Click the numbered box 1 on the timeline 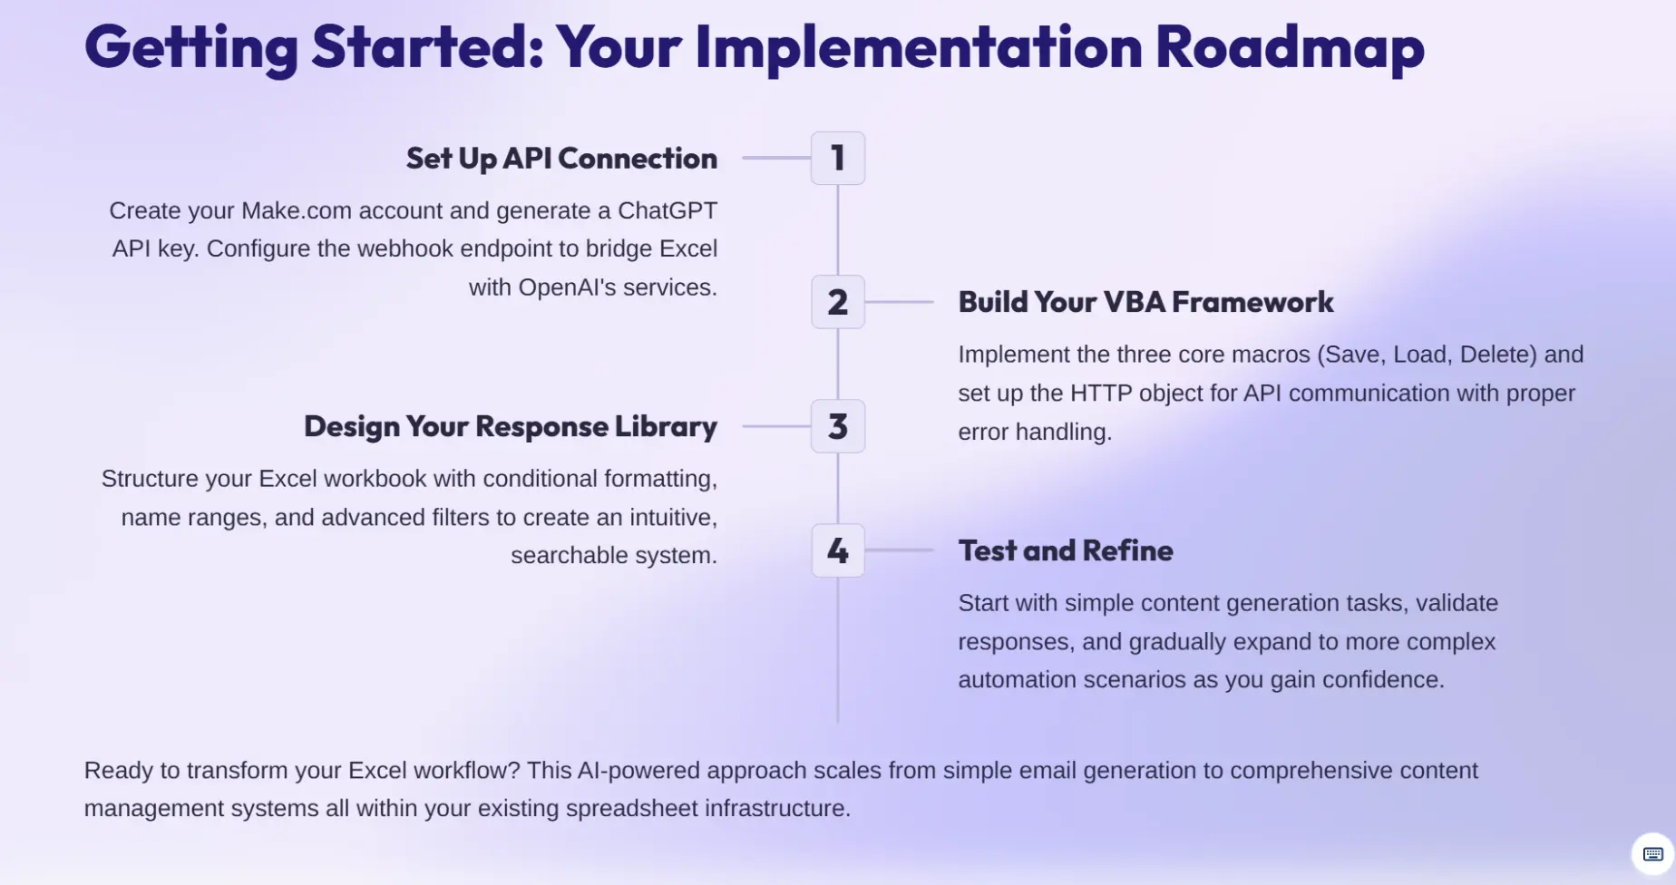point(838,158)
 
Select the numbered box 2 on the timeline point(838,302)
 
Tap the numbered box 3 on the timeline point(838,426)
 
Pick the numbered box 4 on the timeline point(838,550)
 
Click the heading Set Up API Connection point(561,159)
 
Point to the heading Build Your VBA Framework point(1145,302)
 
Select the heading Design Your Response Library point(511,427)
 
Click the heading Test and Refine point(1066,550)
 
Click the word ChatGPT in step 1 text point(667,210)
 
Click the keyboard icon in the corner point(1652,854)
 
